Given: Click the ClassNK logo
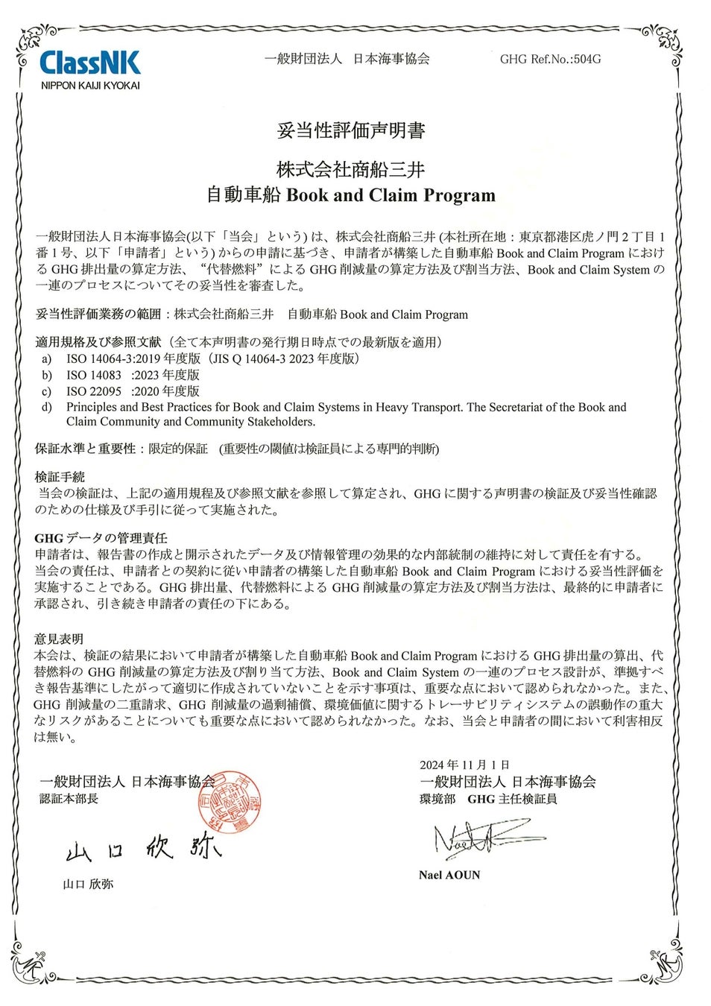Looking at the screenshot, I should tap(89, 62).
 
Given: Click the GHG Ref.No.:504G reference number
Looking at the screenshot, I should tap(550, 59).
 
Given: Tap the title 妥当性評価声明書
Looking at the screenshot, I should tap(350, 131).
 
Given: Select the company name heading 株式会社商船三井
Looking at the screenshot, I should tap(350, 170).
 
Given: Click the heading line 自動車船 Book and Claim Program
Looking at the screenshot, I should tap(350, 195).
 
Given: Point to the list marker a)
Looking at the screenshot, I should tap(47, 358).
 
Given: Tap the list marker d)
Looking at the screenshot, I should tap(47, 407).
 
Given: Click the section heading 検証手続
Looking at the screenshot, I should tap(60, 477).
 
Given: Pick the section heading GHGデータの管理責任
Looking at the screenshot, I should tap(101, 538).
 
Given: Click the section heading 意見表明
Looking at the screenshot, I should tap(59, 639).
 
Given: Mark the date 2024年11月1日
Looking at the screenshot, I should tap(464, 765).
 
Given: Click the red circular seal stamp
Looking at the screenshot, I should tap(232, 803).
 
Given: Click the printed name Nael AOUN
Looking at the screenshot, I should tap(449, 875).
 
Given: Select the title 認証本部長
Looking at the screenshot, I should tap(69, 799).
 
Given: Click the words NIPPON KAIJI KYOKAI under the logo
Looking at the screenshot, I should tap(89, 86).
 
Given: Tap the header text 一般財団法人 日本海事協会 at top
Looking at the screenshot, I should tap(347, 59).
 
